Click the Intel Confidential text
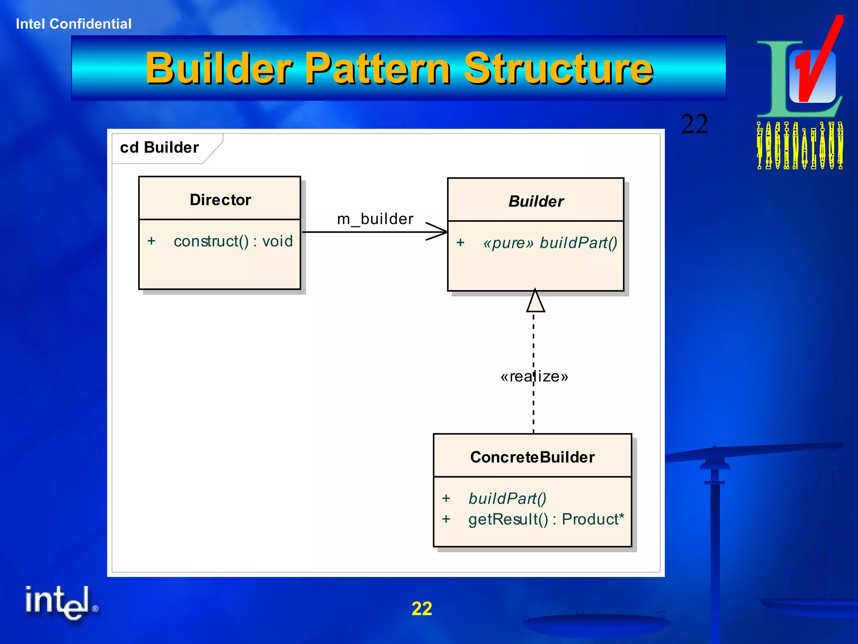(x=74, y=24)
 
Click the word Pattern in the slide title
(x=378, y=68)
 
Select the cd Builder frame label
(x=159, y=148)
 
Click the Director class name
(x=220, y=200)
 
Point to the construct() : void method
(x=233, y=241)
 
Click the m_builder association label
(x=375, y=219)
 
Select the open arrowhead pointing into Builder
(x=438, y=231)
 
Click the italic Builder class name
(x=536, y=202)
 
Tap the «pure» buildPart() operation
(x=550, y=243)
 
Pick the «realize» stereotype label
(x=534, y=377)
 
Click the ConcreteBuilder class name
(x=532, y=457)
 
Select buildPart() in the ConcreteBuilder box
(x=507, y=499)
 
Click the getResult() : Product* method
(x=546, y=519)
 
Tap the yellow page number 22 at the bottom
(x=421, y=608)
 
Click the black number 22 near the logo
(x=694, y=124)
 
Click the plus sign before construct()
(x=152, y=241)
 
